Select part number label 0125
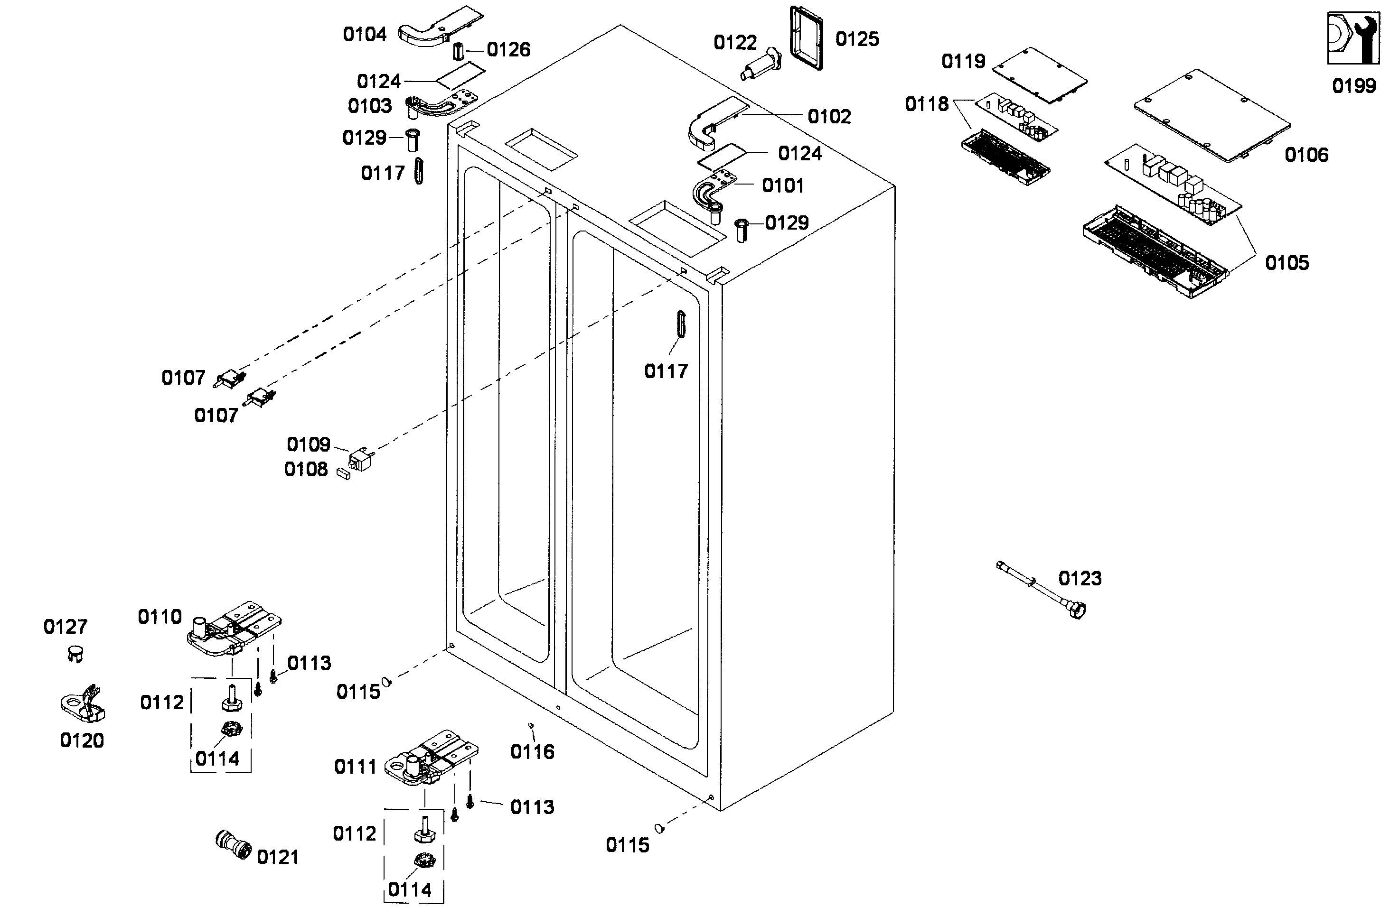pyautogui.click(x=857, y=39)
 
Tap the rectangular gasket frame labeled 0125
pyautogui.click(x=807, y=38)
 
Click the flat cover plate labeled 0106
pyautogui.click(x=1213, y=116)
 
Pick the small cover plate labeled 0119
pyautogui.click(x=1040, y=75)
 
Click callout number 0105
pyautogui.click(x=1287, y=263)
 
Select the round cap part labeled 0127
pyautogui.click(x=75, y=654)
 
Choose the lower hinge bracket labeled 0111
pyautogui.click(x=431, y=758)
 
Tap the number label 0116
pyautogui.click(x=532, y=752)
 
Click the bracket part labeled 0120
pyautogui.click(x=84, y=704)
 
